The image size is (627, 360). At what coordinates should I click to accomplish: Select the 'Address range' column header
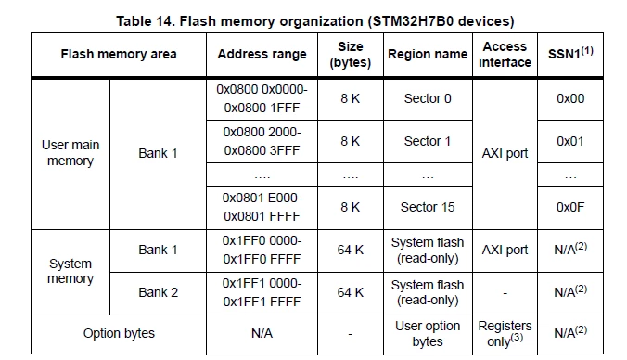click(262, 54)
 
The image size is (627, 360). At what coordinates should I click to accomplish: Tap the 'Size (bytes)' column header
click(351, 55)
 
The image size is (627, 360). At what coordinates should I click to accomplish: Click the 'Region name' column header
click(428, 54)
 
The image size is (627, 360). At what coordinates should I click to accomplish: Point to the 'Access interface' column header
click(505, 55)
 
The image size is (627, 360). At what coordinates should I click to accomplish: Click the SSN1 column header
click(570, 53)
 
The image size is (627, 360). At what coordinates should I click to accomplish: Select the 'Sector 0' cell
click(428, 98)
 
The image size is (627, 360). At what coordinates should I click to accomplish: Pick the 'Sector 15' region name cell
click(428, 207)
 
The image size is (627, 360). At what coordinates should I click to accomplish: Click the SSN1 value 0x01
click(570, 141)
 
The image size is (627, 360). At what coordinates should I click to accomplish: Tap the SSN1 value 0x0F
click(570, 207)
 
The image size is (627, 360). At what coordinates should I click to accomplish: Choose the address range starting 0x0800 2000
click(262, 141)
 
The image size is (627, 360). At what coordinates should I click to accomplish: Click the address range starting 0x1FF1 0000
click(262, 292)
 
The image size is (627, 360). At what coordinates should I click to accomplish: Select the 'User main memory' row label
click(70, 153)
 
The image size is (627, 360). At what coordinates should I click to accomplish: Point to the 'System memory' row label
click(70, 271)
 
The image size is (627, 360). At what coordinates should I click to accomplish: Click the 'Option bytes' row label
click(119, 333)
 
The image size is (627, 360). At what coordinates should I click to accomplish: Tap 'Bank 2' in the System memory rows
click(158, 292)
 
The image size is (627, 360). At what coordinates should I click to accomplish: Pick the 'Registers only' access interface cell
click(505, 334)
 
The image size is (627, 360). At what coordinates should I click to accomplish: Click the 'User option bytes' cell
click(428, 334)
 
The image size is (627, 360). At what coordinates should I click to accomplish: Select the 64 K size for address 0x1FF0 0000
click(351, 250)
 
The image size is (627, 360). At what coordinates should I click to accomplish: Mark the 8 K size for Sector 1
click(351, 141)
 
